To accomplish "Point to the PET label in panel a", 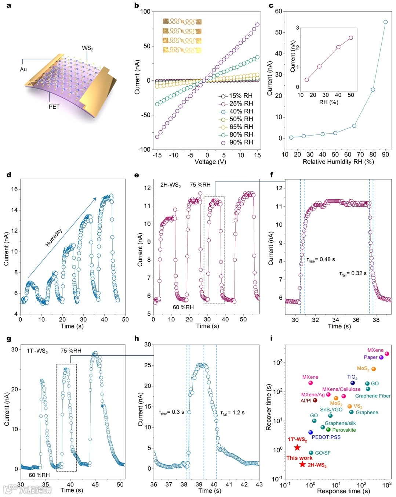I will [x=54, y=107].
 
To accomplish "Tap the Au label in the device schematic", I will [x=23, y=69].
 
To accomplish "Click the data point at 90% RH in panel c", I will [x=385, y=22].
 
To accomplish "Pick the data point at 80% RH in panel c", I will [x=373, y=90].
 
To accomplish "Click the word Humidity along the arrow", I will [x=54, y=238].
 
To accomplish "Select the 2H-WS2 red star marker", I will [x=302, y=464].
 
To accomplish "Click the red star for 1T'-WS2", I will [x=297, y=447].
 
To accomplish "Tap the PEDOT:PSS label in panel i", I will [x=326, y=437].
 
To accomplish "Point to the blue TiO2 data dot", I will [x=352, y=383].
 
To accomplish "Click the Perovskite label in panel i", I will [x=344, y=430].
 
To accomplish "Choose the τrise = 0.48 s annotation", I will [x=321, y=259].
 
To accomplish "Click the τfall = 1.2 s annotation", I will [x=232, y=413].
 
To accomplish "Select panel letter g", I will [x=9, y=338].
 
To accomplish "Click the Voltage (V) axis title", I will [x=210, y=162].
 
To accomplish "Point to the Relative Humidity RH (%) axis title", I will [x=338, y=162].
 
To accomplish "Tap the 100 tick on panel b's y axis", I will [x=145, y=12].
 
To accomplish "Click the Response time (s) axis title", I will [x=344, y=491].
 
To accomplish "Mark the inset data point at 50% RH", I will [x=351, y=38].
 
